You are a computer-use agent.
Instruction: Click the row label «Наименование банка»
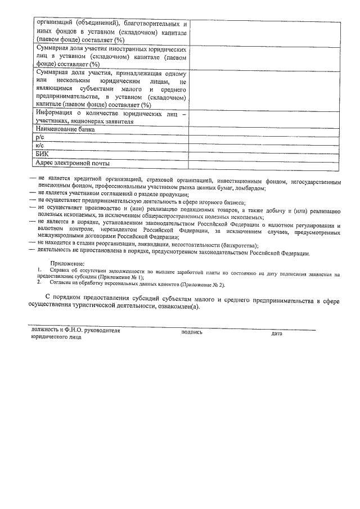(x=65, y=129)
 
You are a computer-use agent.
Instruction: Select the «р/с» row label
(x=39, y=137)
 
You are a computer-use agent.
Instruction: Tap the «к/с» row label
(x=39, y=146)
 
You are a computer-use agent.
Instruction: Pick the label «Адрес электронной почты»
(x=71, y=163)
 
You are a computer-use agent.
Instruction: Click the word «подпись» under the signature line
(x=192, y=332)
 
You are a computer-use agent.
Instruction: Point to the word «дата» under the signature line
(x=277, y=334)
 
